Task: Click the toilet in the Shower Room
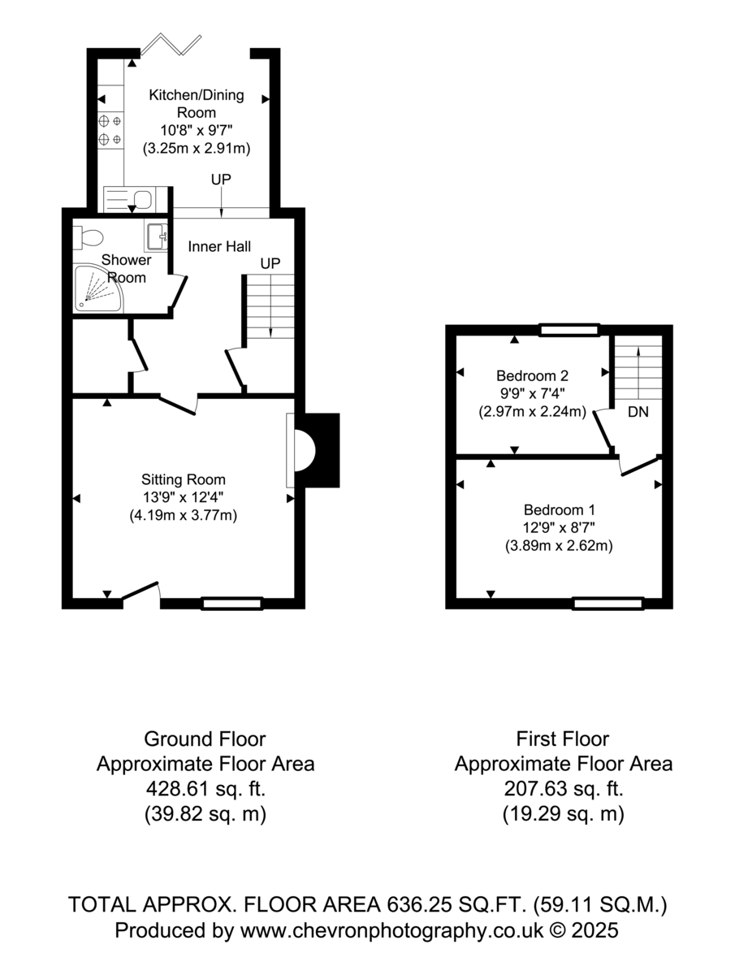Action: pyautogui.click(x=88, y=237)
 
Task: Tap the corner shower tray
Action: pyautogui.click(x=98, y=288)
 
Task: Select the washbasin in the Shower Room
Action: pyautogui.click(x=156, y=236)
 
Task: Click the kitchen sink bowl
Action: pyautogui.click(x=142, y=199)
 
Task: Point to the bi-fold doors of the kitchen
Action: pyautogui.click(x=171, y=45)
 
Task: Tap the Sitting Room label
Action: pyautogui.click(x=184, y=479)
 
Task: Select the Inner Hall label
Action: pyautogui.click(x=219, y=246)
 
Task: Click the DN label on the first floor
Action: pyautogui.click(x=638, y=412)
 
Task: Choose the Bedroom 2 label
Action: pyautogui.click(x=532, y=376)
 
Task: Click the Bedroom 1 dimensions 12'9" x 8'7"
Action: pyautogui.click(x=558, y=527)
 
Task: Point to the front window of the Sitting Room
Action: pyautogui.click(x=232, y=603)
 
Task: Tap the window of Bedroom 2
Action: pyautogui.click(x=569, y=330)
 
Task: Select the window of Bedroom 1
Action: pyautogui.click(x=607, y=603)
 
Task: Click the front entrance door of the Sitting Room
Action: pyautogui.click(x=141, y=591)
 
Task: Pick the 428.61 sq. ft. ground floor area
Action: pyautogui.click(x=205, y=789)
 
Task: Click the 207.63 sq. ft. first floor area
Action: pyautogui.click(x=564, y=789)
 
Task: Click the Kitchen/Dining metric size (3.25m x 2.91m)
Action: pyautogui.click(x=197, y=148)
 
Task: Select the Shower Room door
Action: pyautogui.click(x=178, y=292)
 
